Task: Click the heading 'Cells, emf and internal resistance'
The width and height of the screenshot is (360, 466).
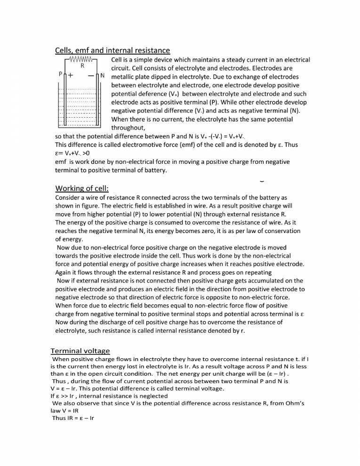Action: coord(112,50)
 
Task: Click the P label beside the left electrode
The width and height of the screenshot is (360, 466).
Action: coord(60,75)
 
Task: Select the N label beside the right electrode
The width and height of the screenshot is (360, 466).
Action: coord(103,75)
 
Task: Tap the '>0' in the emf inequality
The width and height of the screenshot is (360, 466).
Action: coord(83,153)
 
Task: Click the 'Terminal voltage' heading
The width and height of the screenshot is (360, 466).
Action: coord(80,351)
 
